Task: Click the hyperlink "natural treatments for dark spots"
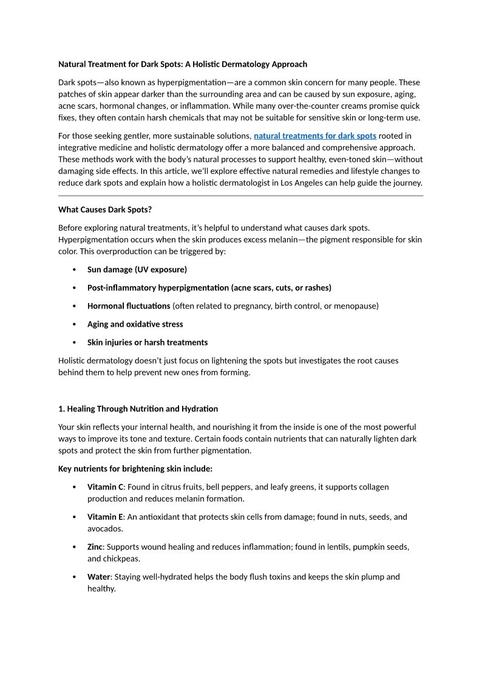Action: pos(314,136)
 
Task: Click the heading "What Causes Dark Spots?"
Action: pos(105,210)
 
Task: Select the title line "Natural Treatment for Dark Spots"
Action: pos(183,64)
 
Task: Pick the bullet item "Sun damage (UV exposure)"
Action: pos(137,270)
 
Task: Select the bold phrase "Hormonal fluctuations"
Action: pos(129,306)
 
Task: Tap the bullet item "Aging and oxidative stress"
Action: pos(135,324)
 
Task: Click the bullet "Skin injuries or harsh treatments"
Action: pos(148,343)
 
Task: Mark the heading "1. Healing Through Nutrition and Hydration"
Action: pos(138,409)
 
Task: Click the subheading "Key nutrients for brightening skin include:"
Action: pos(135,469)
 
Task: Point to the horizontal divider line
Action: pos(240,196)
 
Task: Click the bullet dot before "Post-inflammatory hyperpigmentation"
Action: pos(74,288)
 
